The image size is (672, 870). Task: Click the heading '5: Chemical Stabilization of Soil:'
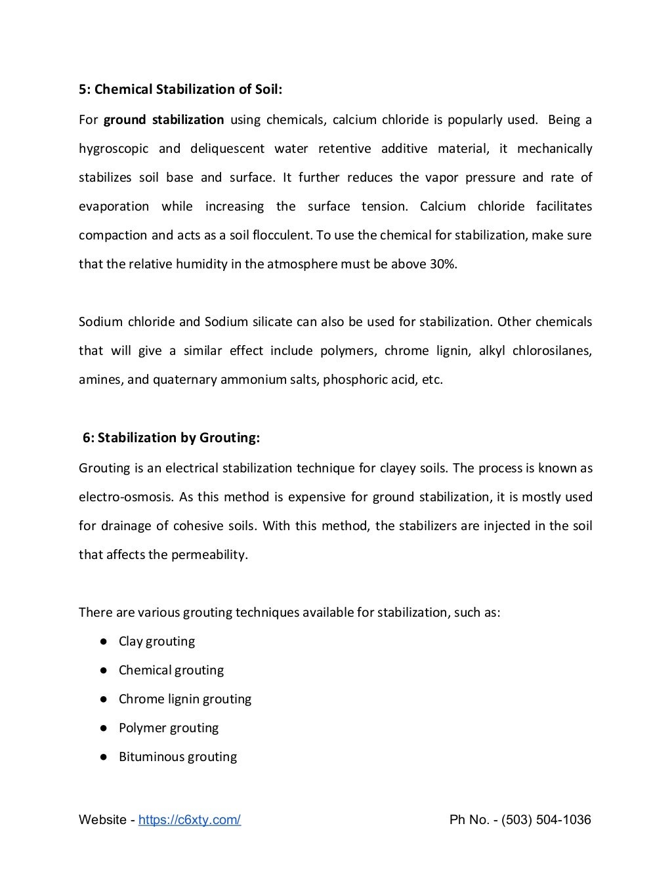[x=180, y=89]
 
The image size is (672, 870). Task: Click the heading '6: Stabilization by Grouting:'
[x=171, y=438]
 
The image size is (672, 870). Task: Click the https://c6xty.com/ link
[x=190, y=820]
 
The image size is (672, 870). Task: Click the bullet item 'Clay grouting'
[x=156, y=642]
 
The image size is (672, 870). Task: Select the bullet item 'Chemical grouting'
[x=171, y=671]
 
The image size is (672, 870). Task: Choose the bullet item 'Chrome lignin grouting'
[x=184, y=699]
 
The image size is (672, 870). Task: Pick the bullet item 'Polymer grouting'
[x=168, y=728]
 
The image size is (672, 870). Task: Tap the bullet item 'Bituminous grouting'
[x=177, y=757]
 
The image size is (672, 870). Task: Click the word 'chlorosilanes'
[x=551, y=351]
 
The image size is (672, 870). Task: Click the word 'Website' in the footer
[x=102, y=820]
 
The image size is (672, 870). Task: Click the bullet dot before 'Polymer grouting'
[x=104, y=728]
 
